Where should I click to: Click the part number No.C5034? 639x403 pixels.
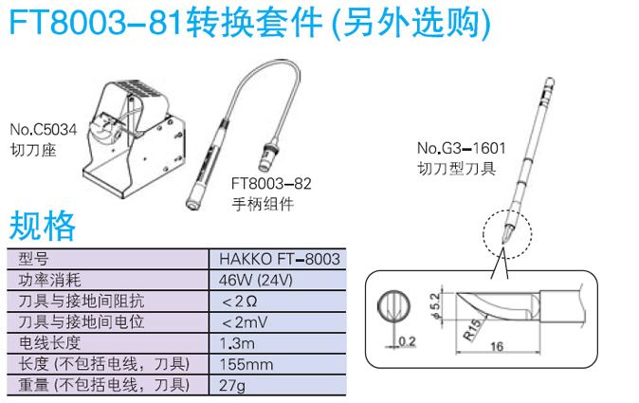pyautogui.click(x=44, y=130)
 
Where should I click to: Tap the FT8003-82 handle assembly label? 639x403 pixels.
pyautogui.click(x=271, y=183)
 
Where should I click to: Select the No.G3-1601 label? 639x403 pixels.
pyautogui.click(x=461, y=148)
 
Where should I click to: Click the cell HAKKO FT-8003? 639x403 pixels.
pyautogui.click(x=280, y=259)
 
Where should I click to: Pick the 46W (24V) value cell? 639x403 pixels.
pyautogui.click(x=256, y=281)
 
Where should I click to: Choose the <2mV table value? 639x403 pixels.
pyautogui.click(x=245, y=322)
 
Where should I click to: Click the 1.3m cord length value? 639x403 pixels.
pyautogui.click(x=237, y=343)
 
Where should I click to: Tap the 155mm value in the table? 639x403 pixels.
pyautogui.click(x=246, y=364)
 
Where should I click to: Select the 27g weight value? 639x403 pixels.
pyautogui.click(x=232, y=386)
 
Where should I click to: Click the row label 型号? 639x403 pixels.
pyautogui.click(x=33, y=259)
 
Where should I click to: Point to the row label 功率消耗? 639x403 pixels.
pyautogui.click(x=49, y=281)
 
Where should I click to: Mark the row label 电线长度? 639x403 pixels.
pyautogui.click(x=49, y=343)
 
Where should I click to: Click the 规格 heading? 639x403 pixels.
pyautogui.click(x=43, y=226)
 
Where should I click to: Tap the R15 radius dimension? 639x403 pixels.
pyautogui.click(x=473, y=330)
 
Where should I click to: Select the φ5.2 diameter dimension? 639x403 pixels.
pyautogui.click(x=435, y=305)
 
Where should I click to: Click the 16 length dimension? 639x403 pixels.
pyautogui.click(x=497, y=347)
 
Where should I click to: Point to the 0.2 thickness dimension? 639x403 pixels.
pyautogui.click(x=407, y=341)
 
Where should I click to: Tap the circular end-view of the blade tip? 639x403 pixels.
pyautogui.click(x=393, y=306)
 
